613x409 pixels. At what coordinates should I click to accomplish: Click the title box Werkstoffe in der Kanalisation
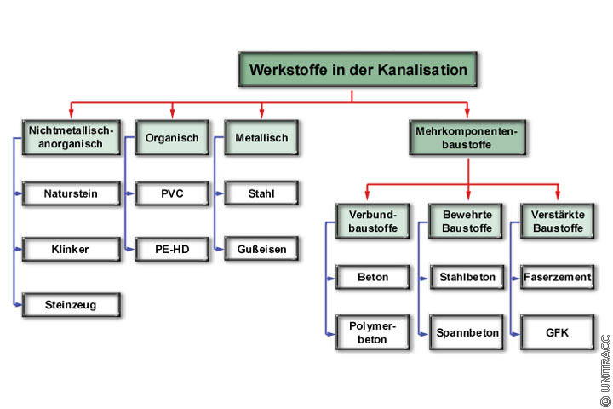[x=358, y=70]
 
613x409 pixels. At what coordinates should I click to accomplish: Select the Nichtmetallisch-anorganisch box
[x=71, y=137]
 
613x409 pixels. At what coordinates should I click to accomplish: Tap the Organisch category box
[x=172, y=137]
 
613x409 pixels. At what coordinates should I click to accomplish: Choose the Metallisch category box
[x=261, y=137]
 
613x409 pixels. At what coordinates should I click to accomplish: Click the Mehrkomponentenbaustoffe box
[x=466, y=137]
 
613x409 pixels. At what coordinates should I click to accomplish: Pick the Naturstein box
[x=71, y=193]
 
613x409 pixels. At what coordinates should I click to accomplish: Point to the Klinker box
[x=71, y=250]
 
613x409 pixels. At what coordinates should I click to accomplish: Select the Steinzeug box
[x=71, y=304]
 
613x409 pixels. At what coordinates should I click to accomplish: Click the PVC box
[x=172, y=193]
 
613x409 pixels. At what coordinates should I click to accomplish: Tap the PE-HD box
[x=172, y=250]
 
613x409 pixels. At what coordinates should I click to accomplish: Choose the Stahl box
[x=261, y=193]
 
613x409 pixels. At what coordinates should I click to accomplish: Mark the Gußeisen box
[x=261, y=250]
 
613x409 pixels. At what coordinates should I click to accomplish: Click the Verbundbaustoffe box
[x=374, y=222]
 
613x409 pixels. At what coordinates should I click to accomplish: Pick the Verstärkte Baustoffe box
[x=557, y=222]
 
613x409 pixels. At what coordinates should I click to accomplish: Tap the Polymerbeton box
[x=374, y=332]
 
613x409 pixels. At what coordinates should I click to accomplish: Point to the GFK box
[x=557, y=332]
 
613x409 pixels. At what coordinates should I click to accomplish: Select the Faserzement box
[x=557, y=277]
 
